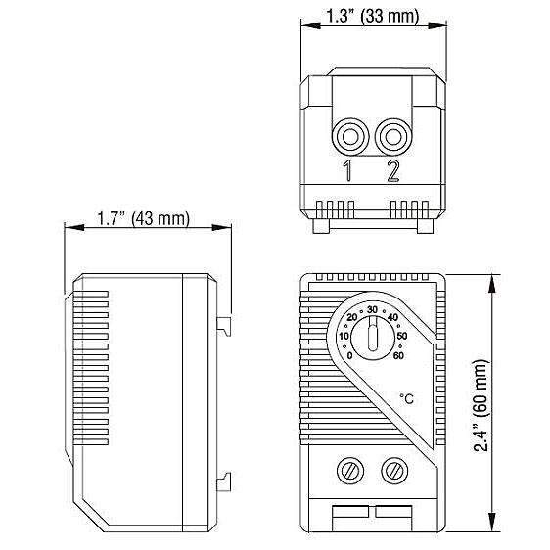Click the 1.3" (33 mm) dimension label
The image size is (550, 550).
tap(373, 16)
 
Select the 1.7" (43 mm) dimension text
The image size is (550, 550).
tap(143, 218)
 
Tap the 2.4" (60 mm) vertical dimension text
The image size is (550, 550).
tap(481, 405)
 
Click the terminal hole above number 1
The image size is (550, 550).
tap(350, 137)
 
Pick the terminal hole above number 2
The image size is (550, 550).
tap(392, 137)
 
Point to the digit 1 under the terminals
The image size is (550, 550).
tap(347, 171)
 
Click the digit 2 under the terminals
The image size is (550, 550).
tap(393, 171)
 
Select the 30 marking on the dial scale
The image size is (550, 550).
tap(372, 309)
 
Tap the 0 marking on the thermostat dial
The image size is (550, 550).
tap(349, 355)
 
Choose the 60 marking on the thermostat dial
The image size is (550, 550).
tap(398, 355)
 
